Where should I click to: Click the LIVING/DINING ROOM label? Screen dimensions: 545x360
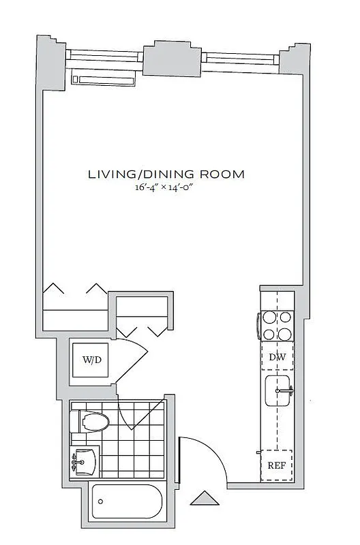[x=166, y=174]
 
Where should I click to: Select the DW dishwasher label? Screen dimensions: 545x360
[x=277, y=356]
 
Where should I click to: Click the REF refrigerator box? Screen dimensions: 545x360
[x=277, y=466]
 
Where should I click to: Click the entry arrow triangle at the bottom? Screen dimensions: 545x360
[x=202, y=499]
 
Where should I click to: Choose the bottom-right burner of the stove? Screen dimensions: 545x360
[x=286, y=333]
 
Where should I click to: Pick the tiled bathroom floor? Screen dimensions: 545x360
[x=136, y=443]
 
